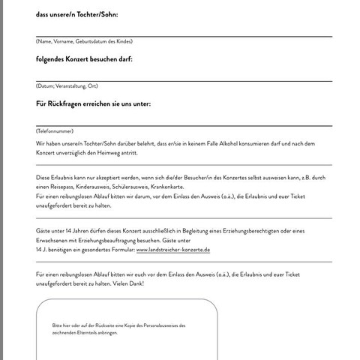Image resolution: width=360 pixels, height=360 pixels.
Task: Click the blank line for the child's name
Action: click(184, 34)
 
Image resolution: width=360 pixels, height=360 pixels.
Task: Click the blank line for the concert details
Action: click(184, 79)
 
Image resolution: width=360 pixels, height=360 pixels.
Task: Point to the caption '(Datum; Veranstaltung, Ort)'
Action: click(67, 86)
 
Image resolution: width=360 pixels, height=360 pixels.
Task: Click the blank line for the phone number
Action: click(184, 124)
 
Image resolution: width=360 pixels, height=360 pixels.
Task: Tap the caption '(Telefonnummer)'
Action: click(55, 131)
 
